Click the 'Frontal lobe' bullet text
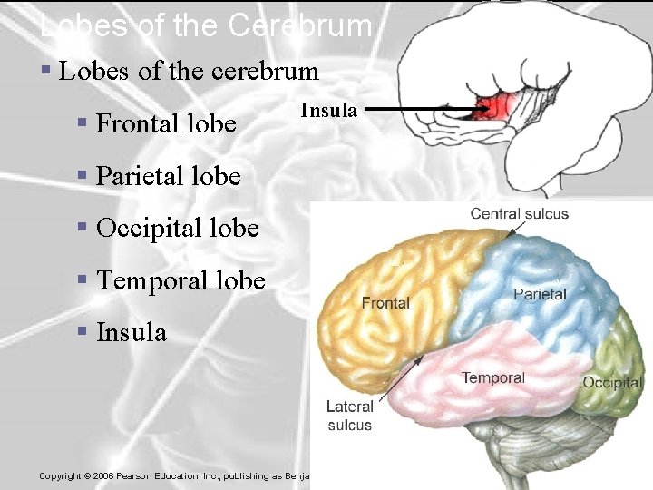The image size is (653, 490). pyautogui.click(x=166, y=123)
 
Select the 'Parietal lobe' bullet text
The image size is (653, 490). pyautogui.click(x=169, y=175)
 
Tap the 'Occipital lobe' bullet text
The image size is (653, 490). pyautogui.click(x=178, y=228)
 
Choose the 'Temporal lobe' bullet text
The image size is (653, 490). pyautogui.click(x=180, y=280)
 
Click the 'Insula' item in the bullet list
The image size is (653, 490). pyautogui.click(x=132, y=333)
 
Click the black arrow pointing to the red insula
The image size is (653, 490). pyautogui.click(x=426, y=111)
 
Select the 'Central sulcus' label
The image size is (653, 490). pyautogui.click(x=519, y=214)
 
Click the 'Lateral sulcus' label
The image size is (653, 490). pyautogui.click(x=350, y=416)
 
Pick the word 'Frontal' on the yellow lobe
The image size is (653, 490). pyautogui.click(x=385, y=303)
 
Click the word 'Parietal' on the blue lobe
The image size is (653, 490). pyautogui.click(x=540, y=294)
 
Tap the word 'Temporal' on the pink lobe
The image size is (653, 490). pyautogui.click(x=492, y=377)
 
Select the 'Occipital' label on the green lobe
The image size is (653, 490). pyautogui.click(x=612, y=383)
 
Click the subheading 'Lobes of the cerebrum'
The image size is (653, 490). pyautogui.click(x=189, y=71)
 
